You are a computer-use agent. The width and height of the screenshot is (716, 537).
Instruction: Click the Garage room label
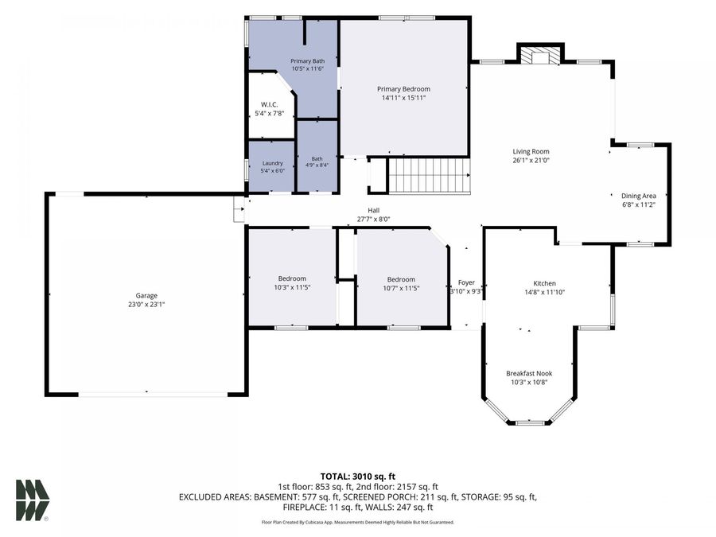coord(146,295)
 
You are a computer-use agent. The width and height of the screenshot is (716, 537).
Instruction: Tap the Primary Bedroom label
coord(403,89)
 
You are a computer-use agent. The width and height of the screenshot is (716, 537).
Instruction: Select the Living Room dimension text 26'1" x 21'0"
coord(531,160)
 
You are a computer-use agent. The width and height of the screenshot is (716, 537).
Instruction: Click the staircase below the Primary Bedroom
coord(429,176)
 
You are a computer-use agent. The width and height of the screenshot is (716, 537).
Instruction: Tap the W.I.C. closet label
coord(270,104)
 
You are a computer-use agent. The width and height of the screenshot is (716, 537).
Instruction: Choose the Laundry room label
coord(273,163)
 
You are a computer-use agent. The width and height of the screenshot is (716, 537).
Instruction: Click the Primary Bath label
coord(308,60)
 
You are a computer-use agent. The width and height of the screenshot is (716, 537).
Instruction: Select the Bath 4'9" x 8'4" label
coord(317,162)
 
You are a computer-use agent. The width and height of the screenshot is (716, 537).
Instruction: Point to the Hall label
coord(374,211)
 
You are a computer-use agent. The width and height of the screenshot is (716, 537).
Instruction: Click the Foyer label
coord(466,282)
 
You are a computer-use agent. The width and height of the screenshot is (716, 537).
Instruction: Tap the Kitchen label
coord(545,283)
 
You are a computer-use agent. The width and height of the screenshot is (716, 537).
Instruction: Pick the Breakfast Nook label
coord(529,373)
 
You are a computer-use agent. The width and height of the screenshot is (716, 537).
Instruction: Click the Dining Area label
coord(638,196)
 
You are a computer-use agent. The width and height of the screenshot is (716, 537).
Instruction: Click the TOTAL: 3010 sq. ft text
coord(357,477)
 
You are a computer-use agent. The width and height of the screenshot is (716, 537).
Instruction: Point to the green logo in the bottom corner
coord(33,500)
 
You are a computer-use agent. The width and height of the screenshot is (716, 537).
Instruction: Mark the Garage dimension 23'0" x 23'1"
coord(146,304)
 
